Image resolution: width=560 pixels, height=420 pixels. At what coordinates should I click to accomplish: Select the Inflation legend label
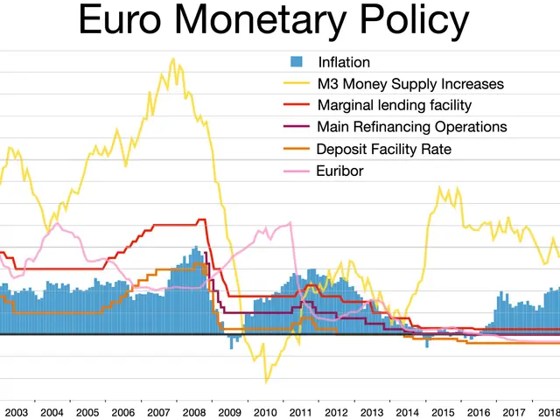coord(343,62)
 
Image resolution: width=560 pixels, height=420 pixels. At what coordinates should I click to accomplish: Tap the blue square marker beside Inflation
coord(297,62)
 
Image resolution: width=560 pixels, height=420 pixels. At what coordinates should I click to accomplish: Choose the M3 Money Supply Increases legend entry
coord(409,84)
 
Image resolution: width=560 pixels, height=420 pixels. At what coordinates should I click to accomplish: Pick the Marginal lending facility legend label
coord(394,106)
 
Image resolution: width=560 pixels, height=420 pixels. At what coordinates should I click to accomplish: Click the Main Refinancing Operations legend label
coord(411,128)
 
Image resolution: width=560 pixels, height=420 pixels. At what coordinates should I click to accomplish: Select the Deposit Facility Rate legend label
coord(383,150)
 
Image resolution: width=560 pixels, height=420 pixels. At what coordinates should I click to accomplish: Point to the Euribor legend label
coord(339,171)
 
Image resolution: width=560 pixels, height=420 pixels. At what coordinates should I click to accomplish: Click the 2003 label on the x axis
coord(16,411)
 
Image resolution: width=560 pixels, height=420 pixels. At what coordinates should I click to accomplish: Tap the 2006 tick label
coord(122,411)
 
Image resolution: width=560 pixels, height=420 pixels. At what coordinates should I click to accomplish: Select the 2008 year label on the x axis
coord(194,411)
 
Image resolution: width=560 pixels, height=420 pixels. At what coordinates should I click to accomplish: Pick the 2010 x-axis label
coord(265,411)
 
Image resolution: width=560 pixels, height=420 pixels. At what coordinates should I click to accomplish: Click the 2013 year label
coord(372,411)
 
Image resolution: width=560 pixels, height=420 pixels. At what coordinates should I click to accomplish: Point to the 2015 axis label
coord(443,411)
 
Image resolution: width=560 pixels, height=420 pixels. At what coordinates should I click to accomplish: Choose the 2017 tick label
coord(514,411)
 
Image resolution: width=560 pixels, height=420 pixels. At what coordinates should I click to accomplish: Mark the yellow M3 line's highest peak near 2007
coord(171,59)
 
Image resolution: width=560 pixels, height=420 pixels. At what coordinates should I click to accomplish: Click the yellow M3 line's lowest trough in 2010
coord(266,382)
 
